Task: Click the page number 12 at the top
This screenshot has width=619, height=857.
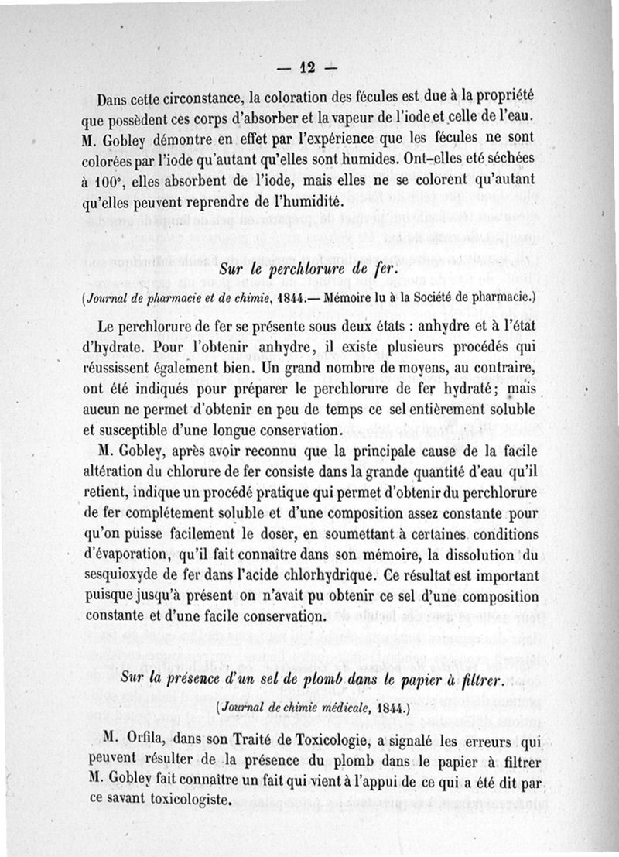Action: pos(309,68)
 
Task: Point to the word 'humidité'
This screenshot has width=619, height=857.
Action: pos(278,203)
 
